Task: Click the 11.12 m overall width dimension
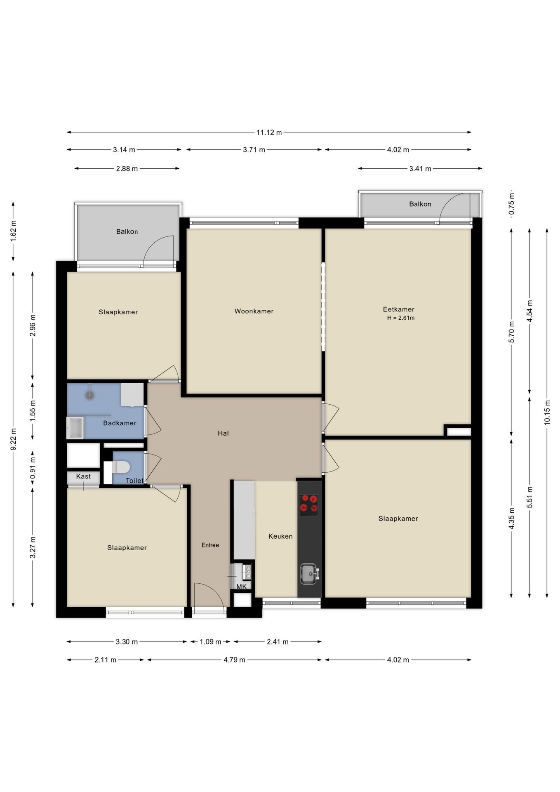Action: pos(269,132)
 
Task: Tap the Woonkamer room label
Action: pos(254,311)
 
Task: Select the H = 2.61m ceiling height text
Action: pos(400,318)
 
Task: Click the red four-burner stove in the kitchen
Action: pos(308,505)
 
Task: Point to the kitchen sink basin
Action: pos(308,574)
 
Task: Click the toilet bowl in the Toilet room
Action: pos(121,467)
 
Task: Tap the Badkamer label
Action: pos(120,423)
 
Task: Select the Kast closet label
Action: pos(83,476)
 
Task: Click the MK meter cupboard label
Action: pos(241,586)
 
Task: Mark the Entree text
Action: pos(210,545)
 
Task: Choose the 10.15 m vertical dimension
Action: pos(547,412)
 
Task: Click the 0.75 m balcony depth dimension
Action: pos(511,204)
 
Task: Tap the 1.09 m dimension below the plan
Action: pos(210,641)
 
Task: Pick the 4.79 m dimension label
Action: pos(234,660)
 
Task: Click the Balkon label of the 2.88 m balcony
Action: pos(127,231)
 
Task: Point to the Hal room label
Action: pos(223,433)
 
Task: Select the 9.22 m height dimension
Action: pos(13,439)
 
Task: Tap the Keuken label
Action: pos(280,536)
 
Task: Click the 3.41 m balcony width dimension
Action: pos(420,168)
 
